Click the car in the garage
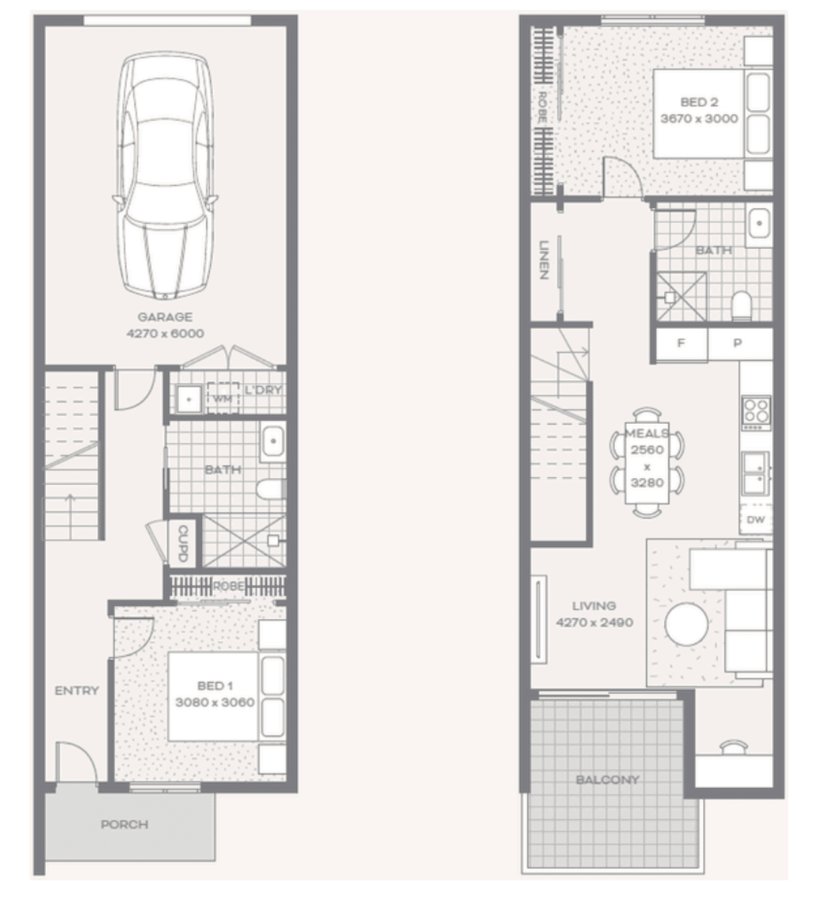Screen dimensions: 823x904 point(165,175)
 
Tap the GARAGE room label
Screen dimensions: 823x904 point(165,317)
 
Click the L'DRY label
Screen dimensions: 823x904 point(263,390)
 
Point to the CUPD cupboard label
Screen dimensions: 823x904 point(183,543)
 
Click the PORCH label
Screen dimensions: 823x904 point(124,824)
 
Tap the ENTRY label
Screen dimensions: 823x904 point(76,690)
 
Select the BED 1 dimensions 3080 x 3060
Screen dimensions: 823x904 point(215,702)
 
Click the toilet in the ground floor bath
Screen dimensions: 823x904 point(271,489)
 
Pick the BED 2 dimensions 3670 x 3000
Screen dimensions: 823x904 point(699,118)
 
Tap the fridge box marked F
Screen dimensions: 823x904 point(681,343)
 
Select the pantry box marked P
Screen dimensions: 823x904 point(740,343)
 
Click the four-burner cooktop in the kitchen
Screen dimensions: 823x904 point(756,413)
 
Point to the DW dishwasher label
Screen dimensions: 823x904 point(756,519)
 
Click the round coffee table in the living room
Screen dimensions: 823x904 point(686,624)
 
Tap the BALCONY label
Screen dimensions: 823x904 point(608,779)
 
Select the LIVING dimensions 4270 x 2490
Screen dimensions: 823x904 point(595,623)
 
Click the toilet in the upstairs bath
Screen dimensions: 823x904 point(742,306)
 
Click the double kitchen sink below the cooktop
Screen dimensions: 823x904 point(756,473)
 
